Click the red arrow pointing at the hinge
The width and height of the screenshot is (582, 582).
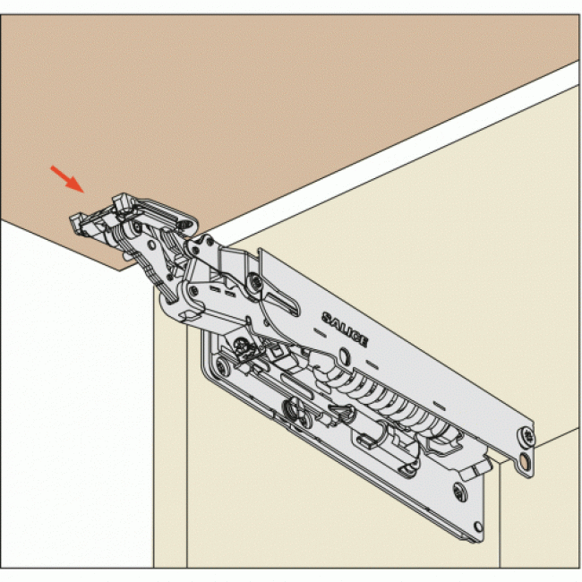coord(67,179)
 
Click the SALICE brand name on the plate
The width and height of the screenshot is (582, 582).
coord(345,330)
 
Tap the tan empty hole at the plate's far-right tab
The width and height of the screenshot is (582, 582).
coord(524,463)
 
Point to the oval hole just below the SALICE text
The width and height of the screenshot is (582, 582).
coord(344,355)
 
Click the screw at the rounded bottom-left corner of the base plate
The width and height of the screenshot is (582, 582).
coord(222,366)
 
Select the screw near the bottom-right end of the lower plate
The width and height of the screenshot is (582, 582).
coord(460,492)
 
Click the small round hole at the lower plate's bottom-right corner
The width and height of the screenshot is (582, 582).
coord(478,526)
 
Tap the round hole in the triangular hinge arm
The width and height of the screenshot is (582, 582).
coord(151,244)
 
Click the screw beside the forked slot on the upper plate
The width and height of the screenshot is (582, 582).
coord(255,281)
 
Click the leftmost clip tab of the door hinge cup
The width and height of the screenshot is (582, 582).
coord(76,223)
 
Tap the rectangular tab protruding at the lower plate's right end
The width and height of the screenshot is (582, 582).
coord(475,468)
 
